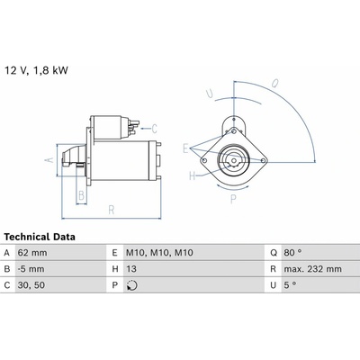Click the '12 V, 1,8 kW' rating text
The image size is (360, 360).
[36, 70]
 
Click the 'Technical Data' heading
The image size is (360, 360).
[40, 237]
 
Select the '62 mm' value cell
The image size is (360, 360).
[32, 253]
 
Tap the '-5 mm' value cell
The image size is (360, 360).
[31, 269]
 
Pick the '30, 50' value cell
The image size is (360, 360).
[31, 285]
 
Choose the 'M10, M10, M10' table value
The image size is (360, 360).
[159, 253]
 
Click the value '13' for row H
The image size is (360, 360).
[131, 269]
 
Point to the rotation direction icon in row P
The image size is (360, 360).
[132, 285]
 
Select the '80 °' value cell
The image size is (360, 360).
[292, 253]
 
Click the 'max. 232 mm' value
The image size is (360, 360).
[313, 269]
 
